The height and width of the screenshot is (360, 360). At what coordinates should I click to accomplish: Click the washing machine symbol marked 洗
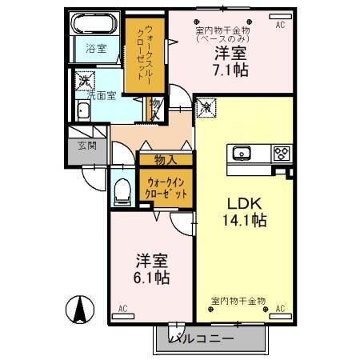pyautogui.click(x=83, y=80)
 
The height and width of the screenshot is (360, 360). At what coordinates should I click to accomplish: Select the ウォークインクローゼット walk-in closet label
pyautogui.click(x=167, y=187)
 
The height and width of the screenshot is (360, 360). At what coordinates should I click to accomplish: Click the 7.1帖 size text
pyautogui.click(x=230, y=70)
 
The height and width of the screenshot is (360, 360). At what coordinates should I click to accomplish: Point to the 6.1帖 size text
pyautogui.click(x=151, y=277)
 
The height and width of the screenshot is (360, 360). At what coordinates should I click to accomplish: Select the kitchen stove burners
pyautogui.click(x=281, y=152)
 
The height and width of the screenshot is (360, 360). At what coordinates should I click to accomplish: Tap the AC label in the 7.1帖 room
pyautogui.click(x=280, y=25)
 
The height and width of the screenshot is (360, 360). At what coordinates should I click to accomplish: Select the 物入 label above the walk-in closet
pyautogui.click(x=166, y=159)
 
